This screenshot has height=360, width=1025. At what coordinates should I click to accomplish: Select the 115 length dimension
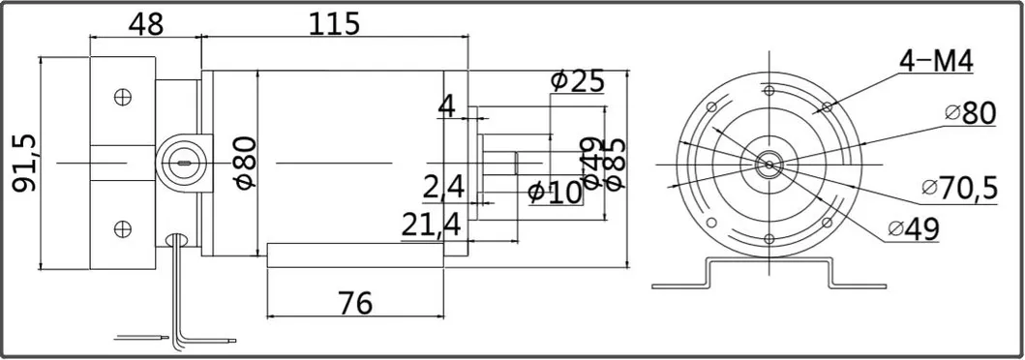tap(334, 22)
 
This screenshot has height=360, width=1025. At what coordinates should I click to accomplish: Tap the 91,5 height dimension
tap(22, 163)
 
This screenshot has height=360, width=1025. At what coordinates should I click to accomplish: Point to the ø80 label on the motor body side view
tap(244, 162)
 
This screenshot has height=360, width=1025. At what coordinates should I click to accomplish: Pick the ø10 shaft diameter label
tap(556, 193)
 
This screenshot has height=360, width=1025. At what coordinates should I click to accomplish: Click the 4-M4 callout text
tap(935, 63)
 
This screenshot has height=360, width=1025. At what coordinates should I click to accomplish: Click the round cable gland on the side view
tap(181, 161)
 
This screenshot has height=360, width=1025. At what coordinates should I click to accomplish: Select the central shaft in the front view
tap(769, 164)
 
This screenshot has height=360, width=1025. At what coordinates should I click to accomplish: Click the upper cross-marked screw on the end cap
tap(122, 97)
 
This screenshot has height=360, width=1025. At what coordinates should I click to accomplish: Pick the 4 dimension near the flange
tap(446, 105)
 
